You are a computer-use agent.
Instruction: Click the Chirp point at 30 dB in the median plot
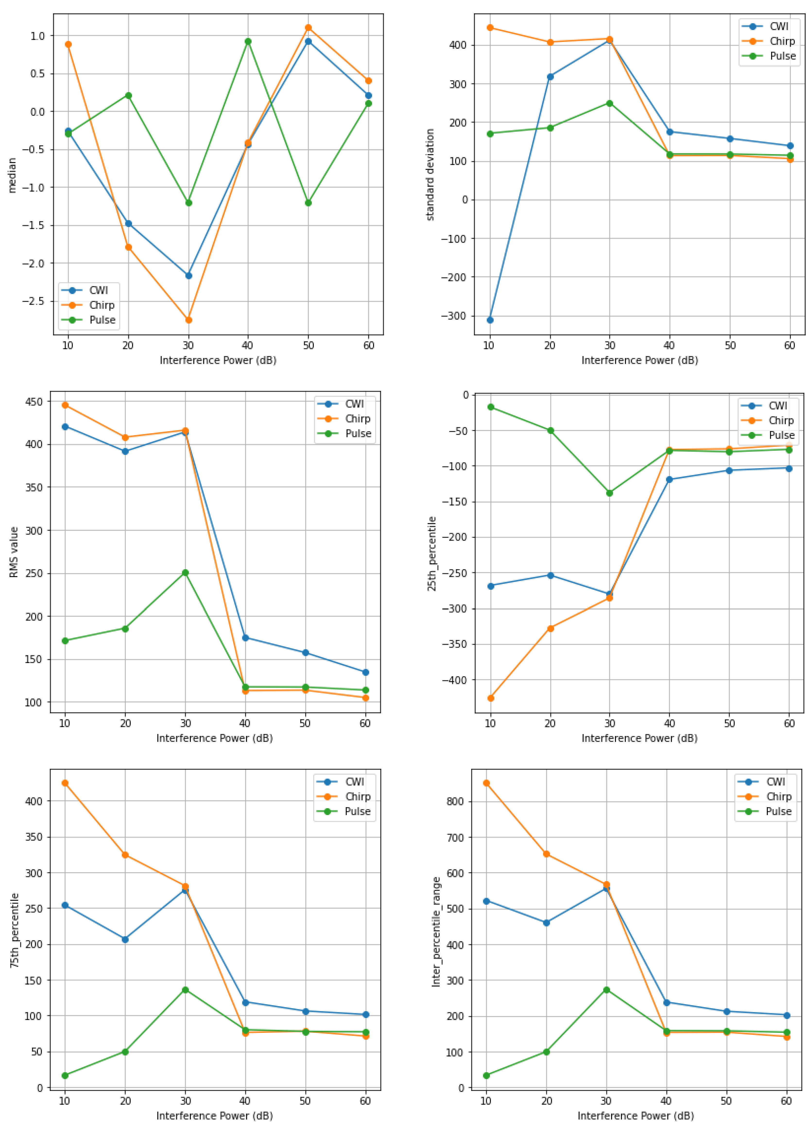pos(188,320)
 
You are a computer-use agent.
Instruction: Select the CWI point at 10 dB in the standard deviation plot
pos(490,320)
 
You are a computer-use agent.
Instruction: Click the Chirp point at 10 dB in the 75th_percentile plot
pos(65,783)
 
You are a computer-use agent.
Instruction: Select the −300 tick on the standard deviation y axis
pos(453,316)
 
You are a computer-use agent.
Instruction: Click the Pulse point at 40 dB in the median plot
pos(248,42)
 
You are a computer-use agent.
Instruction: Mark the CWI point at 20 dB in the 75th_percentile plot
pos(125,939)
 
